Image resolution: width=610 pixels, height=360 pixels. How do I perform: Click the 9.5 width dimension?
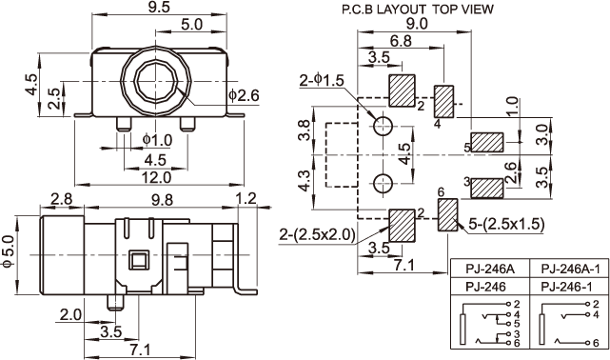(x=159, y=8)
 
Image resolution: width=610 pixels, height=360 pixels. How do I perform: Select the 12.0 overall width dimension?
(x=156, y=177)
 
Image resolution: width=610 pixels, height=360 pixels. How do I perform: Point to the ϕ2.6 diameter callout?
(x=244, y=95)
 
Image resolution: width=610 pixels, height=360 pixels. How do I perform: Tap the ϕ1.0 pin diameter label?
(x=157, y=140)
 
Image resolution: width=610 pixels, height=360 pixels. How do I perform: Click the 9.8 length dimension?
(x=162, y=200)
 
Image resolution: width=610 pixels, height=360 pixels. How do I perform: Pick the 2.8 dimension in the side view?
(x=62, y=199)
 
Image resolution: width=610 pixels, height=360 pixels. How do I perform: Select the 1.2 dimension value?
(x=246, y=198)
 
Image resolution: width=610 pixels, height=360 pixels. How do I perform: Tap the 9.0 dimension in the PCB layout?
(x=417, y=24)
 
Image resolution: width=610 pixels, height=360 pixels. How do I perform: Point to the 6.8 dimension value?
(x=401, y=40)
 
